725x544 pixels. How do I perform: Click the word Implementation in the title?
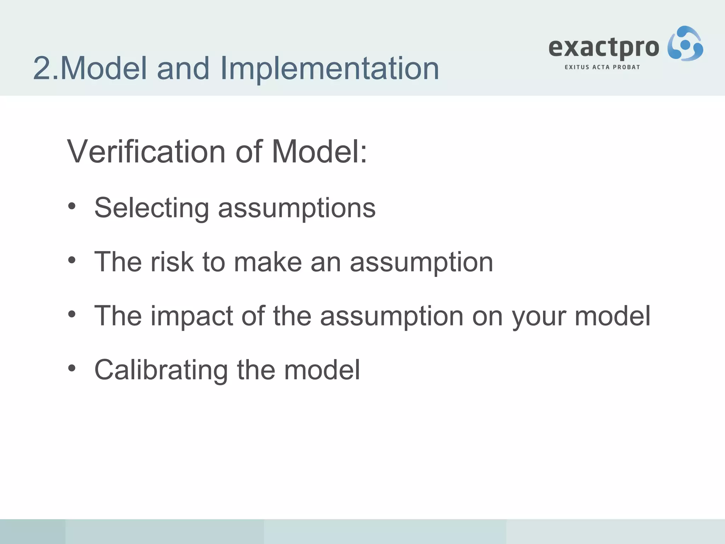[329, 68]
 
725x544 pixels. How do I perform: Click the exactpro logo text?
[604, 47]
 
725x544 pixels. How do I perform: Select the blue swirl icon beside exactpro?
[685, 44]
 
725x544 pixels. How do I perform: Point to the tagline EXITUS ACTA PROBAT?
[602, 67]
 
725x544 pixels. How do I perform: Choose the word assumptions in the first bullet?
[297, 209]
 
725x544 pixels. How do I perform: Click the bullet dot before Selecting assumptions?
[72, 206]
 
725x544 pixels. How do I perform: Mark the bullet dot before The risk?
[72, 261]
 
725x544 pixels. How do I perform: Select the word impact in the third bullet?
[192, 316]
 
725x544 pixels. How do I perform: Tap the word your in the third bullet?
[538, 317]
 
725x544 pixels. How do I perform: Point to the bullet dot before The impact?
[72, 314]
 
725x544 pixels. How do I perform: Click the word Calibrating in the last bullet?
[161, 370]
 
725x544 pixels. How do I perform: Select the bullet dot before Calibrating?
[72, 368]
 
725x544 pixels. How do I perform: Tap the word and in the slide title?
[183, 68]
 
